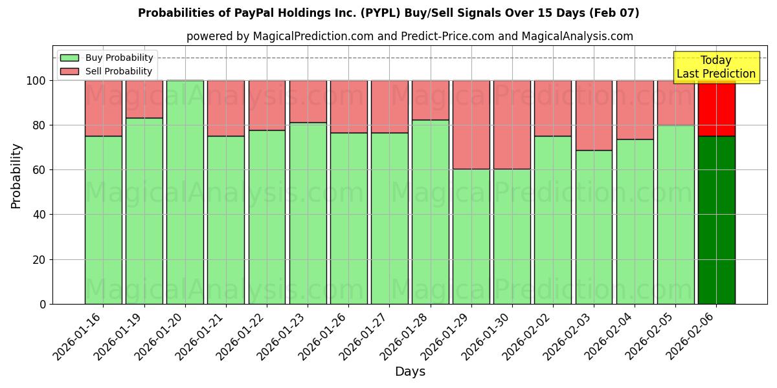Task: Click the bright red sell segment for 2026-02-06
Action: [716, 108]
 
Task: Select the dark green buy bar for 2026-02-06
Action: [716, 220]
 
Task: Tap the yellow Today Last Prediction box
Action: [716, 67]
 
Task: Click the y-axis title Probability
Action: [16, 176]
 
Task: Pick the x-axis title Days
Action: [410, 372]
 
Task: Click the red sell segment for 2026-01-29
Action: [471, 124]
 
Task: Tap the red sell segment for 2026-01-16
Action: [103, 108]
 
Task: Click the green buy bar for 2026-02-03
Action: [594, 226]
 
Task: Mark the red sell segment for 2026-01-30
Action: [512, 124]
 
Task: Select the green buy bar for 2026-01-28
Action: [430, 211]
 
